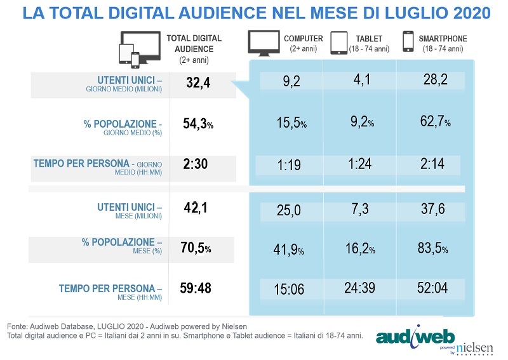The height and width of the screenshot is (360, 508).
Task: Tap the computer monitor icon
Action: point(264,43)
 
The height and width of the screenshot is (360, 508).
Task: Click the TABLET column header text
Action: point(368,39)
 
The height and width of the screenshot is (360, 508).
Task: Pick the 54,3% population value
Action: point(197,124)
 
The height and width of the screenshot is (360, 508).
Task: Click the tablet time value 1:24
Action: point(359,166)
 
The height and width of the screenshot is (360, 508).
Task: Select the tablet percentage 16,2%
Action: point(361,250)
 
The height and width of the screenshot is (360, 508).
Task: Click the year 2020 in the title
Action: point(464,13)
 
